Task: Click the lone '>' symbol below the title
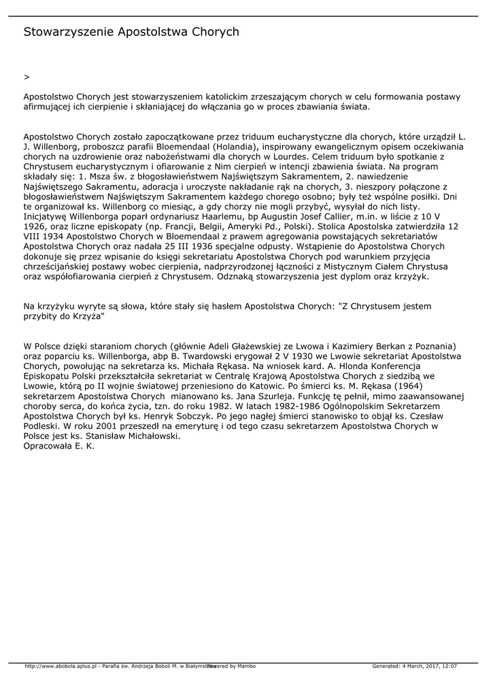pos(26,77)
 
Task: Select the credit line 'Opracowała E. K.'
pos(59,446)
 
